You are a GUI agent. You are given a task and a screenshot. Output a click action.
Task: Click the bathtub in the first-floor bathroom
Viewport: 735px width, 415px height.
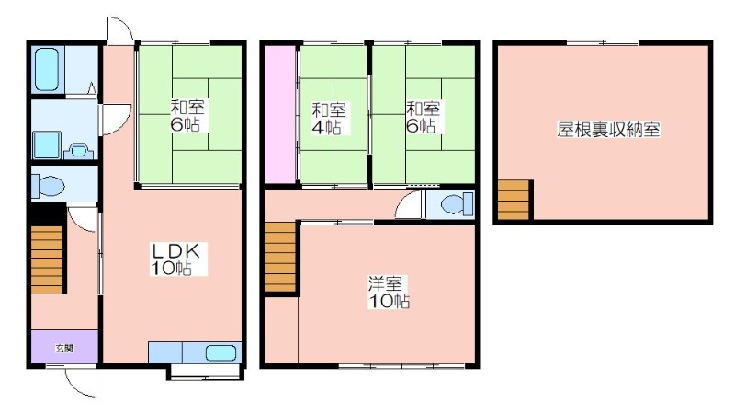tap(48, 68)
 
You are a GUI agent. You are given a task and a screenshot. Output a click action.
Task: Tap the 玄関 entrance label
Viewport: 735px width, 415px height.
tap(64, 349)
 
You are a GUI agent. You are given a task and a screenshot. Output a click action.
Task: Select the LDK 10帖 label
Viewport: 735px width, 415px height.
tap(175, 259)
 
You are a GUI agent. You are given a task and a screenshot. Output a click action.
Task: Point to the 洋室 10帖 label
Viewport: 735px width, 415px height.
tap(388, 292)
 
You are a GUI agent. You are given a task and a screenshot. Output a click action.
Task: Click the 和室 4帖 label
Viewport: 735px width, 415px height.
tap(328, 119)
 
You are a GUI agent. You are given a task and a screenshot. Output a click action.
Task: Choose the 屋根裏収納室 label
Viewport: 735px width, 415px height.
tap(608, 129)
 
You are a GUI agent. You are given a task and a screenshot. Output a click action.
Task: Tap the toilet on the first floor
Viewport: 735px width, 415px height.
tap(49, 187)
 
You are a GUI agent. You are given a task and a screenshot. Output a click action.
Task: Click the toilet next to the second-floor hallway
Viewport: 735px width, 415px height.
tap(457, 203)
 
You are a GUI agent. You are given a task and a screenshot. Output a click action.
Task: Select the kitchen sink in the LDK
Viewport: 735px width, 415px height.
tap(220, 352)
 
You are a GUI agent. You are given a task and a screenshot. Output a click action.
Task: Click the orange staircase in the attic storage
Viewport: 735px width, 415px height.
tap(514, 201)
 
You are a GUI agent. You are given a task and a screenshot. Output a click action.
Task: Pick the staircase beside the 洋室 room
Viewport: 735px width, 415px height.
tap(280, 258)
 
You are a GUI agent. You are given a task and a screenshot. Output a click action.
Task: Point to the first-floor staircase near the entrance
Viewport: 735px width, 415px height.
tap(47, 259)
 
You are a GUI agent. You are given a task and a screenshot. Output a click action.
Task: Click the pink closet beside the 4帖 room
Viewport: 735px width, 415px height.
tap(280, 114)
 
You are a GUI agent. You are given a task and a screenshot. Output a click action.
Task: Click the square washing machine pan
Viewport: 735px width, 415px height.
tap(47, 145)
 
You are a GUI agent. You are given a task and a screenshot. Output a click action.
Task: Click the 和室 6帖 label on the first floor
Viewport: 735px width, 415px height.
tap(187, 116)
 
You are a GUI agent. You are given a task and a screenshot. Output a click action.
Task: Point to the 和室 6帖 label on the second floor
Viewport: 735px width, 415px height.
tap(423, 117)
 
